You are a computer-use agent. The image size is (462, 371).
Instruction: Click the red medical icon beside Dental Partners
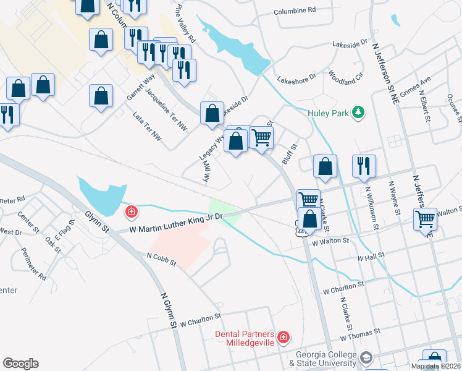point(283,337)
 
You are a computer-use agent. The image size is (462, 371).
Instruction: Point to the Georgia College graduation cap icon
point(366,358)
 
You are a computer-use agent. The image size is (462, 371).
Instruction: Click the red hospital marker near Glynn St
point(131,213)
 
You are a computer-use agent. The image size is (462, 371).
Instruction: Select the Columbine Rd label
point(295,10)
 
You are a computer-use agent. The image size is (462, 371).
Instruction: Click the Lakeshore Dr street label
point(296,79)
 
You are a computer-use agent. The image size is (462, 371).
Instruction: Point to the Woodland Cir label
point(346,78)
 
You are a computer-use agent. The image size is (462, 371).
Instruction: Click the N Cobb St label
point(162,258)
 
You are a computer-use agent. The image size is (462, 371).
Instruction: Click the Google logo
point(20,364)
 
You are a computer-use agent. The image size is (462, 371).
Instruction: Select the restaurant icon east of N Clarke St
point(364,166)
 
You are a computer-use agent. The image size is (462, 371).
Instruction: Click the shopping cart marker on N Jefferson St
point(425,219)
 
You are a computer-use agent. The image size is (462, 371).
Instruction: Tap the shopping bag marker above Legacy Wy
point(212,113)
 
